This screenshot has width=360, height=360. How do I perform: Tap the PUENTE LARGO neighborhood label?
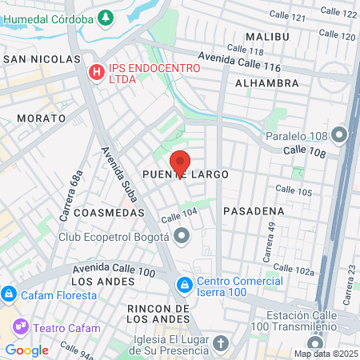(186, 174)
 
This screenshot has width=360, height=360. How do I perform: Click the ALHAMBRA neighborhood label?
(267, 82)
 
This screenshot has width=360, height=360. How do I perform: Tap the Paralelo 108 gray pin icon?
(340, 134)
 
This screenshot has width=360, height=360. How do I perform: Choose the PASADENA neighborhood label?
(254, 211)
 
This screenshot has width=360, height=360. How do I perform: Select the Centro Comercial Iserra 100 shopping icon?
(185, 283)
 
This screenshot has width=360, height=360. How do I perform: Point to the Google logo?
(26, 350)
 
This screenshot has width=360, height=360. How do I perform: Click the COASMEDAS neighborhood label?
(109, 214)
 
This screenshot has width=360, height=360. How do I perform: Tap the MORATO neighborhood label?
(41, 118)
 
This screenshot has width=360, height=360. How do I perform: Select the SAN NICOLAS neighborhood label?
(42, 59)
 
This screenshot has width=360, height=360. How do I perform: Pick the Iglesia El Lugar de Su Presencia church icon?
(222, 342)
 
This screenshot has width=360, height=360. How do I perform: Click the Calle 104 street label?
(178, 216)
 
